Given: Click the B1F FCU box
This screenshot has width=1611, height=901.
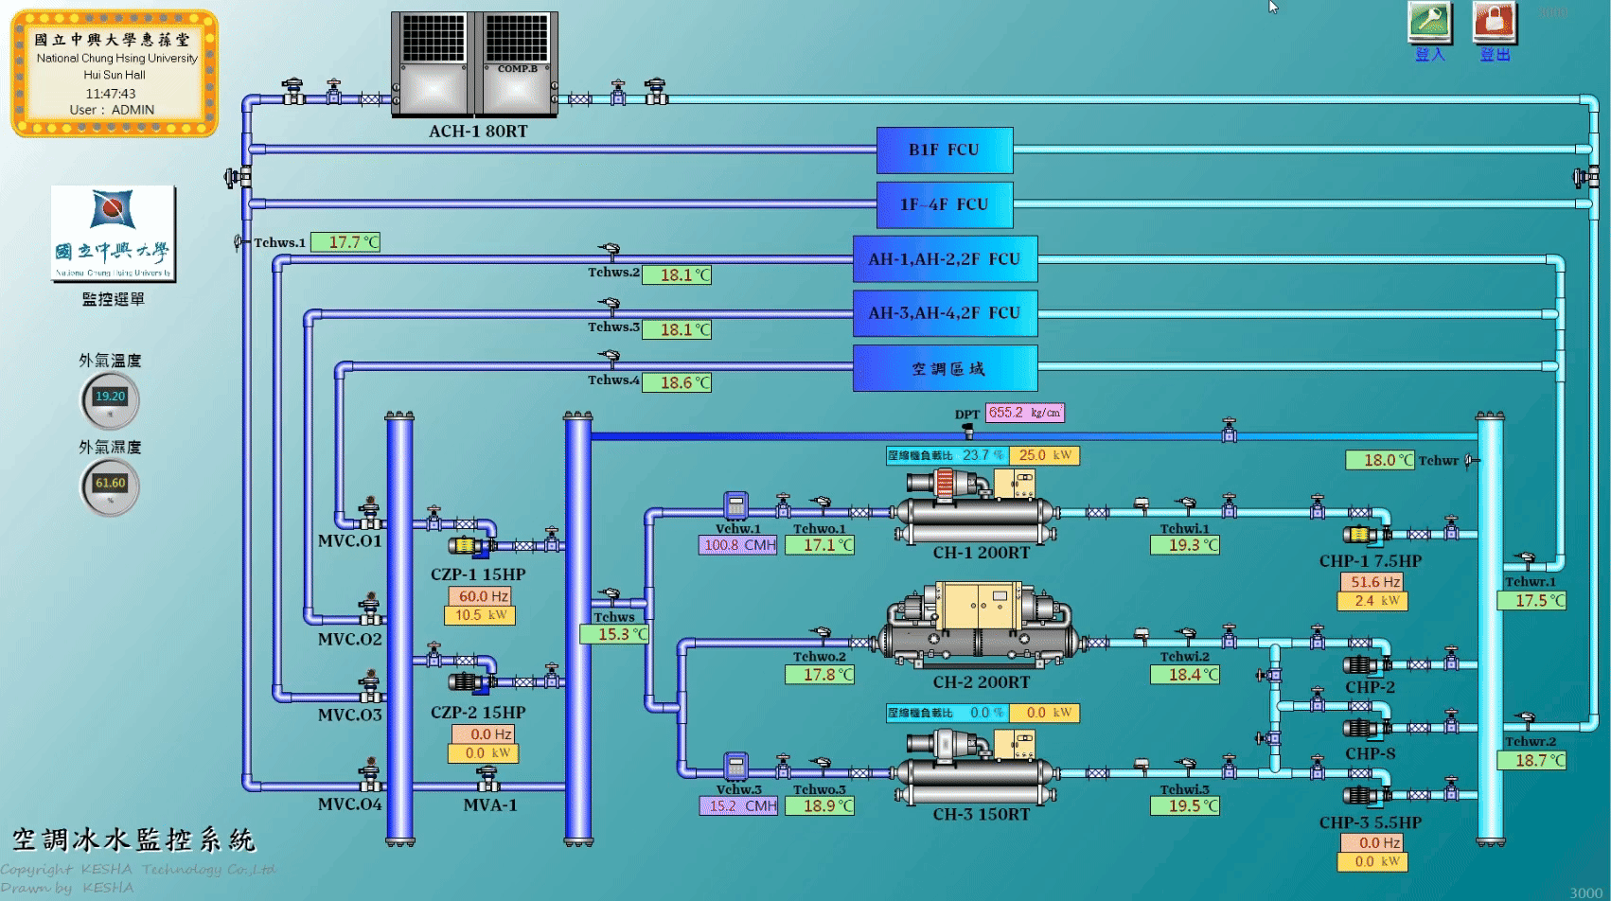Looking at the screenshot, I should coord(944,150).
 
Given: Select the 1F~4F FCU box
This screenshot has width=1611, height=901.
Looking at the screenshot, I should coord(944,204).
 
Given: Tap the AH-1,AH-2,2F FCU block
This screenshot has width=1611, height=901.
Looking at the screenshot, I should coord(944,258).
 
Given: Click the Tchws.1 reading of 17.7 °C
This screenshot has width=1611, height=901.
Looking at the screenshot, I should coord(345,242).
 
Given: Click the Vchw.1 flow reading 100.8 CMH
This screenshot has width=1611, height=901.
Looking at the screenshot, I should coord(737,545).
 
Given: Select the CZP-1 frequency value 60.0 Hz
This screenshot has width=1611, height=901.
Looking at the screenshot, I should coord(480,596).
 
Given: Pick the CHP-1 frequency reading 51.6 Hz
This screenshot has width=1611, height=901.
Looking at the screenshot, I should coord(1371,582).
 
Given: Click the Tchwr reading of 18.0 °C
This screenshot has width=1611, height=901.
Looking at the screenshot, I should coord(1380,460).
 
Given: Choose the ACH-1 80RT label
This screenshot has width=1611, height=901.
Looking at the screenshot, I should coord(478,132).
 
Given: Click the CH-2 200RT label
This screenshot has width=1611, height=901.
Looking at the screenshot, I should coord(981,682).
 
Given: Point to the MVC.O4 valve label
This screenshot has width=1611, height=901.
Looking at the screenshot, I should coord(349,804).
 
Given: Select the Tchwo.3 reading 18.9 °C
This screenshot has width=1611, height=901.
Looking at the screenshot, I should coord(820,806).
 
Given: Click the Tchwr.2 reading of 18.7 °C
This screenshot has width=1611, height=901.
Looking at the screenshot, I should coord(1531,760).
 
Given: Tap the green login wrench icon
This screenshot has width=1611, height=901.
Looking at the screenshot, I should coord(1429,22).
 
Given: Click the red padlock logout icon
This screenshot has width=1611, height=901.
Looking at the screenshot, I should coord(1495,22).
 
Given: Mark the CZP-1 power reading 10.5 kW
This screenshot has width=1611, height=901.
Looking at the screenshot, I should coord(480,615).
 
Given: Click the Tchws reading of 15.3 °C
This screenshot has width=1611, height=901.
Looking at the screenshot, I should coord(614,634).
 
